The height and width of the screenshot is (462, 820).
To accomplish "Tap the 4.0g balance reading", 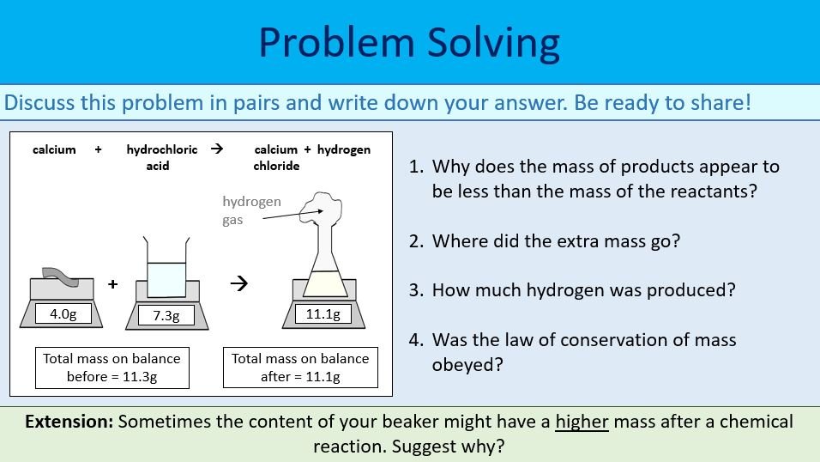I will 63,314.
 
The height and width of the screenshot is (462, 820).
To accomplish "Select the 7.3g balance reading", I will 166,316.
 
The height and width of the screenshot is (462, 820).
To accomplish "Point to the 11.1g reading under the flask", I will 323,314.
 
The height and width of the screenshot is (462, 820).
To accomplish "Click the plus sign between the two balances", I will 112,284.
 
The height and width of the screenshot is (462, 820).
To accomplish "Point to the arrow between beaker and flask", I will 242,284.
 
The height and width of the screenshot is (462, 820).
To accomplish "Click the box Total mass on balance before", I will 112,368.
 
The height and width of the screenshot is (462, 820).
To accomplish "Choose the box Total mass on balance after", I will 300,368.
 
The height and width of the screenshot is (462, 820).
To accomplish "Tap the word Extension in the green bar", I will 69,422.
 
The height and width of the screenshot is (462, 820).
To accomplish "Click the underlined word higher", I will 582,422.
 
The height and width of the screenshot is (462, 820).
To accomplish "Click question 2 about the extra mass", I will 555,241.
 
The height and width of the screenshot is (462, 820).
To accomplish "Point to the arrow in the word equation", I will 217,149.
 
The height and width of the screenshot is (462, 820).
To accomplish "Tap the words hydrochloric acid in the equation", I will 161,157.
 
